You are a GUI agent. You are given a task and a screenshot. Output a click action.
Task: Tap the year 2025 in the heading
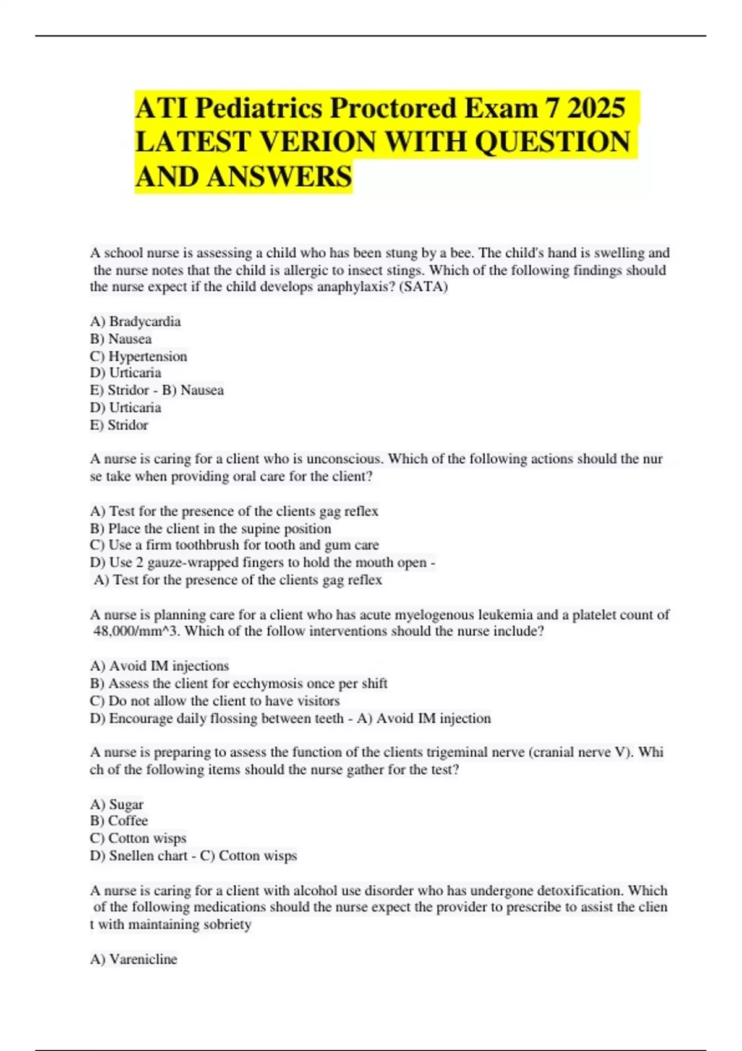[x=595, y=108]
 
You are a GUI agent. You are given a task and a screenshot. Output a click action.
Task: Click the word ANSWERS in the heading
[x=279, y=176]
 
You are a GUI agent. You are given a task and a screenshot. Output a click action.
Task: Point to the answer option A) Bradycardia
[x=135, y=321]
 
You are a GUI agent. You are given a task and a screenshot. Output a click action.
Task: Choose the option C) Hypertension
[x=139, y=356]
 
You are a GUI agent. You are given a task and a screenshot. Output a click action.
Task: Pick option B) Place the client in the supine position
[x=210, y=529]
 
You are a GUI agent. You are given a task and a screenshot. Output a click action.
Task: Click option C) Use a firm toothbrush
[x=234, y=545]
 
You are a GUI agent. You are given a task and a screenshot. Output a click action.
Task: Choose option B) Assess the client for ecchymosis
[x=239, y=683]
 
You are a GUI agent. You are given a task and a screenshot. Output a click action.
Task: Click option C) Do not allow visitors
[x=215, y=700]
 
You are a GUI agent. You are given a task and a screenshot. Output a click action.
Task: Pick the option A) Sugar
[x=117, y=804]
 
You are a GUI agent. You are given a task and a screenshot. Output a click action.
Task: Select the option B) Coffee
[x=119, y=821]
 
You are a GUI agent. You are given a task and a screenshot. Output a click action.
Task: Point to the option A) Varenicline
[x=134, y=959]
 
